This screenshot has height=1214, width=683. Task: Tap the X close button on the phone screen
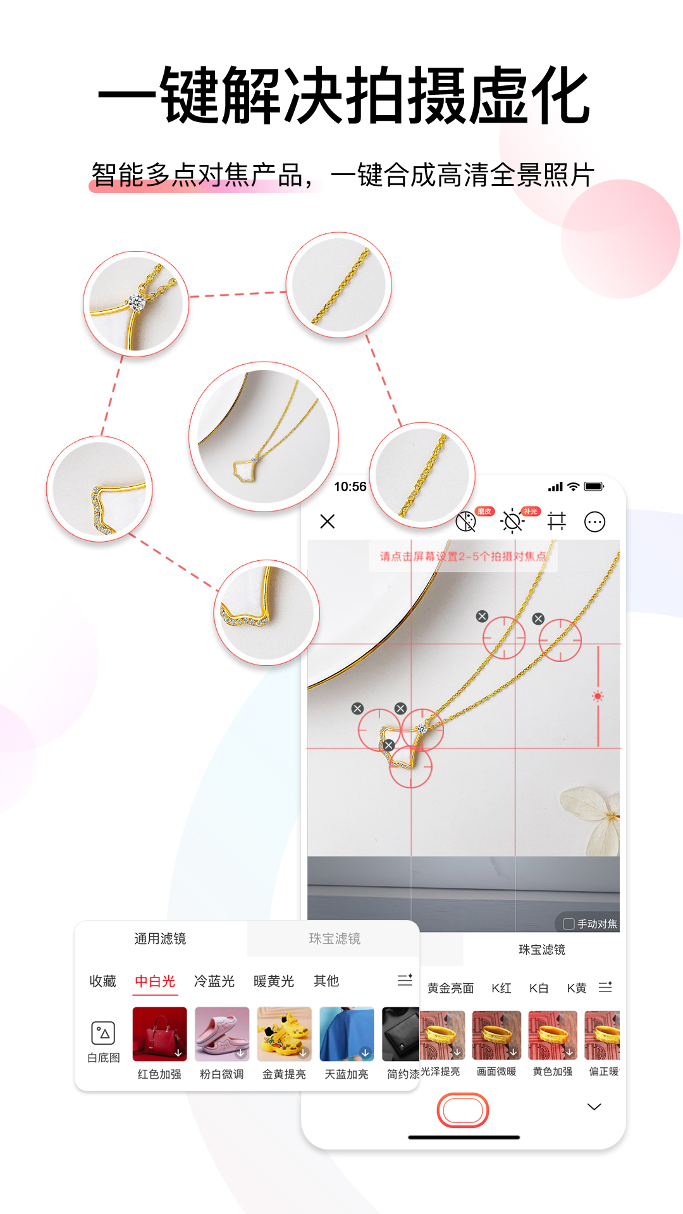click(328, 522)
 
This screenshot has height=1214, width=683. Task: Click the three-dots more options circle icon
click(594, 522)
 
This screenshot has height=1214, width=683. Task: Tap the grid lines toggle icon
click(557, 521)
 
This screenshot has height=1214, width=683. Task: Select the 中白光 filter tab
click(155, 981)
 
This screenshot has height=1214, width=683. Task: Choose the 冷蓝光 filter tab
click(214, 981)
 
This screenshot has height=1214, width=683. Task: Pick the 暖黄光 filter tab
click(274, 981)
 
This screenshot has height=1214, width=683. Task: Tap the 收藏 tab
click(102, 981)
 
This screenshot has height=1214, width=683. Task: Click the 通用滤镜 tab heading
click(160, 938)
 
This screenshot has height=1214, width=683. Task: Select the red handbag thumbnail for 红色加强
click(159, 1034)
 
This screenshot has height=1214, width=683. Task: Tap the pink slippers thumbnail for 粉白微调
click(222, 1034)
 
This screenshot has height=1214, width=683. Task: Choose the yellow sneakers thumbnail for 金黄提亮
click(285, 1034)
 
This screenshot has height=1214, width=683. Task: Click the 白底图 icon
click(103, 1041)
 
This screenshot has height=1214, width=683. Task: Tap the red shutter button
click(463, 1110)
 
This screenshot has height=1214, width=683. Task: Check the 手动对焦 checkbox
click(569, 924)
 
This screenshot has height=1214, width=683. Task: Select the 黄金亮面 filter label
click(450, 988)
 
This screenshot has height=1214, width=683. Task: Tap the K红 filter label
click(501, 988)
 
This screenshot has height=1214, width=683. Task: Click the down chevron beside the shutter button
click(594, 1107)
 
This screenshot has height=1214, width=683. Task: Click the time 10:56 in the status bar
click(350, 486)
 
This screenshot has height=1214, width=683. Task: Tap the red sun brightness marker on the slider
click(598, 696)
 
